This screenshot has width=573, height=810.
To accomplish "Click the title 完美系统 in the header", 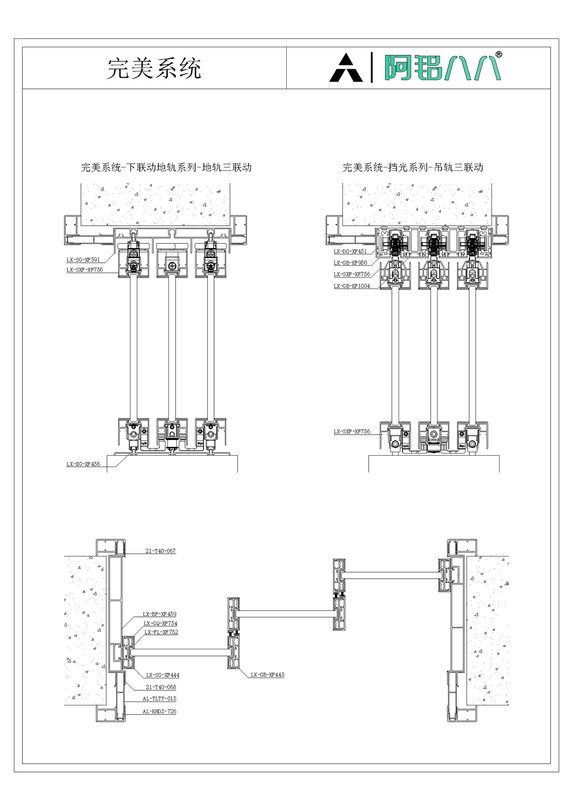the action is pyautogui.click(x=154, y=68).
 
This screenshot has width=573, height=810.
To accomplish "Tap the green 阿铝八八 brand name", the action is pyautogui.click(x=442, y=67).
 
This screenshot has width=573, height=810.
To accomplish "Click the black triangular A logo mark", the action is pyautogui.click(x=346, y=67).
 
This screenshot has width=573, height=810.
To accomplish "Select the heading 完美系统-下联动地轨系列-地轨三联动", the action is pyautogui.click(x=166, y=167).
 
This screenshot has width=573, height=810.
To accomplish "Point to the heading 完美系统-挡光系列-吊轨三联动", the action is pyautogui.click(x=413, y=167).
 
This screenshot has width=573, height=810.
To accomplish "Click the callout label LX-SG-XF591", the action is pyautogui.click(x=83, y=260).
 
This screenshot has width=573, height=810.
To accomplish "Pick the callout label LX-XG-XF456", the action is pyautogui.click(x=83, y=464).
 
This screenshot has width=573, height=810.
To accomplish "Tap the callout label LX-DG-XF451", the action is pyautogui.click(x=350, y=251).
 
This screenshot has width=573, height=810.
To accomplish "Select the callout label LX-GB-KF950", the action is pyautogui.click(x=350, y=263).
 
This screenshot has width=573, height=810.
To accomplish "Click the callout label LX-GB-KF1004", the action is pyautogui.click(x=352, y=286).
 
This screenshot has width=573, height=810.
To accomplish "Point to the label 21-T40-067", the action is pyautogui.click(x=160, y=551).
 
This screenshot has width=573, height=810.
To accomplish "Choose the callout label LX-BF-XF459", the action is pyautogui.click(x=160, y=614).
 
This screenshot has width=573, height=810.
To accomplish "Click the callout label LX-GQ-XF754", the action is pyautogui.click(x=160, y=624).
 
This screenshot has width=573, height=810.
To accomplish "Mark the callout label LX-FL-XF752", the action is pyautogui.click(x=161, y=632).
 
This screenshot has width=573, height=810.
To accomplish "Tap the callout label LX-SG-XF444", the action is pyautogui.click(x=163, y=675).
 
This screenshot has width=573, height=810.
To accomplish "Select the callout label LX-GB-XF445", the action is pyautogui.click(x=268, y=675).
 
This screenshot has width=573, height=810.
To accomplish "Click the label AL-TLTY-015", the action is pyautogui.click(x=160, y=699).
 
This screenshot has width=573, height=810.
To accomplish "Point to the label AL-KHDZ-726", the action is pyautogui.click(x=160, y=711).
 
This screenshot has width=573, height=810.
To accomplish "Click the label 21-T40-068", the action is pyautogui.click(x=161, y=687).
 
